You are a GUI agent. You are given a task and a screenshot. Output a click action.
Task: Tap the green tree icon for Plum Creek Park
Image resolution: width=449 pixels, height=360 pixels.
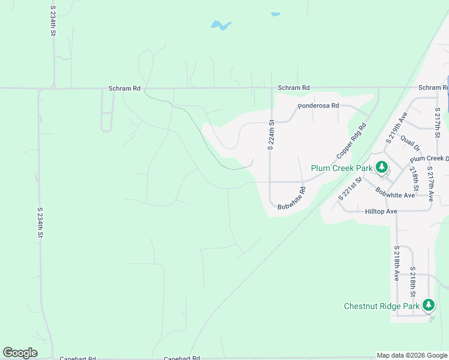tap(380, 167)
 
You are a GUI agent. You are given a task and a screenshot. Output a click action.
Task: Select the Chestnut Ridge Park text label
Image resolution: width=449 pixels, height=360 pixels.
tap(381, 306)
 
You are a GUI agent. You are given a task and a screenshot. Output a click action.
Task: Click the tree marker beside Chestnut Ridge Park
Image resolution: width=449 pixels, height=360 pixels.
tap(428, 305)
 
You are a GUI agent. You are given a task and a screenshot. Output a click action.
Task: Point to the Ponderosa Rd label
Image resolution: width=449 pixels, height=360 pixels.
tap(319, 106)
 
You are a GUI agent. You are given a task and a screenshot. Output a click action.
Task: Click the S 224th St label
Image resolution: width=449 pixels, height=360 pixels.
tap(271, 134)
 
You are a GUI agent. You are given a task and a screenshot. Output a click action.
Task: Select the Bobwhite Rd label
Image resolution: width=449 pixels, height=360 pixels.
tap(292, 199)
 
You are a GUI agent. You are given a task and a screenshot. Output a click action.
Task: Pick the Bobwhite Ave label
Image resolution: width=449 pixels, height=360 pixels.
tap(395, 194)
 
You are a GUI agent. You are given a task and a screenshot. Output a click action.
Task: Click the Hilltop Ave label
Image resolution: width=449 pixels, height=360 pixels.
tap(381, 212)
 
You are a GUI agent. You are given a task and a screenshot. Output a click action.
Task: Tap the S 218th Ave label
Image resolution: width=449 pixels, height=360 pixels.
tap(397, 263)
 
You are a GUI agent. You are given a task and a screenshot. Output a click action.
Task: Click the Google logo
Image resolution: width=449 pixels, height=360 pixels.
tap(20, 353)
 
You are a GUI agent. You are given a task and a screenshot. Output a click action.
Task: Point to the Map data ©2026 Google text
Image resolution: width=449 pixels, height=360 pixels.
tap(412, 355)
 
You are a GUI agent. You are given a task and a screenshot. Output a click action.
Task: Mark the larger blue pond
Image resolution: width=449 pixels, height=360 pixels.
tap(220, 26)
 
